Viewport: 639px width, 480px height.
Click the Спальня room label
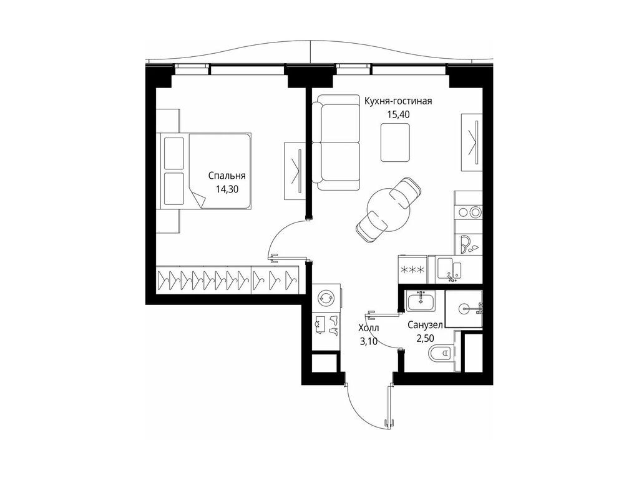(227, 176)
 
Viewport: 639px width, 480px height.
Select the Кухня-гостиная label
(398, 101)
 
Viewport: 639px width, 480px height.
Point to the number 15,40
(398, 114)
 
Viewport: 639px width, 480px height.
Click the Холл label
(368, 327)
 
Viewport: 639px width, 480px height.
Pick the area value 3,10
(368, 341)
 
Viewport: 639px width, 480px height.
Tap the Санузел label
(425, 325)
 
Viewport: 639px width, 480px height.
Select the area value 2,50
(425, 338)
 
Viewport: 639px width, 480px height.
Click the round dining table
(387, 209)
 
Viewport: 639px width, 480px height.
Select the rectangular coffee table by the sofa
(395, 142)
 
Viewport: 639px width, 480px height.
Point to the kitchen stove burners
(469, 212)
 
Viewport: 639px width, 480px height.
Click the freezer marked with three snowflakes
(412, 269)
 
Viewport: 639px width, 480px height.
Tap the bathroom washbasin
(420, 301)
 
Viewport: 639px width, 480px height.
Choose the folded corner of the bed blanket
(199, 199)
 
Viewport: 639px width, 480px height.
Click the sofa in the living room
(336, 142)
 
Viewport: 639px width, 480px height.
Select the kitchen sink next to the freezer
(450, 269)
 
